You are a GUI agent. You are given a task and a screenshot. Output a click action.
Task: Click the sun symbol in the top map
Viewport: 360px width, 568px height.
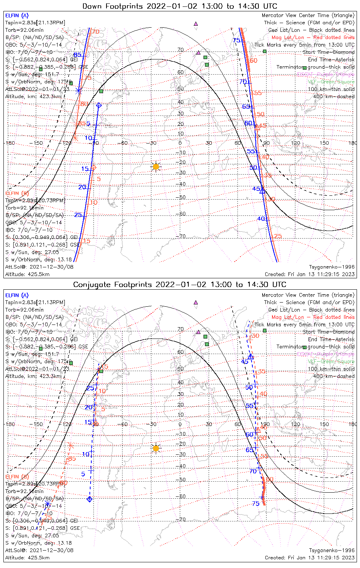point(156,167)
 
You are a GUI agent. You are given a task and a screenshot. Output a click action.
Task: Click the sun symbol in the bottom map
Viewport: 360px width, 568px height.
point(156,448)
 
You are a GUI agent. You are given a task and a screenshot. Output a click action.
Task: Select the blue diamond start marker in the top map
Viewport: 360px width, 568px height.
point(99,105)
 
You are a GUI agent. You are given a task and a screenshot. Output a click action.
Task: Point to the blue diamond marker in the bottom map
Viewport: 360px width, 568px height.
point(89,499)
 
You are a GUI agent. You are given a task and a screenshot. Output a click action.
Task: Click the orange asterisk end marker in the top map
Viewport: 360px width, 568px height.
point(75,138)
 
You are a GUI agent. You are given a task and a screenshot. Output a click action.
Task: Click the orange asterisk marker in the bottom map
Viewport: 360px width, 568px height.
point(70,445)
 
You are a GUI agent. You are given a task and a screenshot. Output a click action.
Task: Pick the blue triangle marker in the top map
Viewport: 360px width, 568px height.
point(262,190)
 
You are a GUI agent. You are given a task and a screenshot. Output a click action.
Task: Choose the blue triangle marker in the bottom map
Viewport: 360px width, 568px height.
point(250,356)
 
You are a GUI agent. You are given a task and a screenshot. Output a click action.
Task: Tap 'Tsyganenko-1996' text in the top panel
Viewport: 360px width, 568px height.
point(332,267)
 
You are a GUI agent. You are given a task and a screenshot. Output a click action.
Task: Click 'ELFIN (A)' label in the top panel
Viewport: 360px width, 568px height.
point(17,16)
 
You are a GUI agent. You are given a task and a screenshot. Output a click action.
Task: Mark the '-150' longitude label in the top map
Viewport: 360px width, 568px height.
point(38,143)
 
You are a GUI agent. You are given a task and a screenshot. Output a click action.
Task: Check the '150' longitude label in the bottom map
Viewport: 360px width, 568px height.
point(324,424)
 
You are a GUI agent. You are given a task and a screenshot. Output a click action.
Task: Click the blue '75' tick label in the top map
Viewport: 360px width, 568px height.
point(236,41)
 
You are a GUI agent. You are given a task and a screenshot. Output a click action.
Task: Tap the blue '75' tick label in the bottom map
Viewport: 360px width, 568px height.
point(256,503)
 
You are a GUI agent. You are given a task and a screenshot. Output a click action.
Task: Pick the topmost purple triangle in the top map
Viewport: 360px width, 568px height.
point(196,23)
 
